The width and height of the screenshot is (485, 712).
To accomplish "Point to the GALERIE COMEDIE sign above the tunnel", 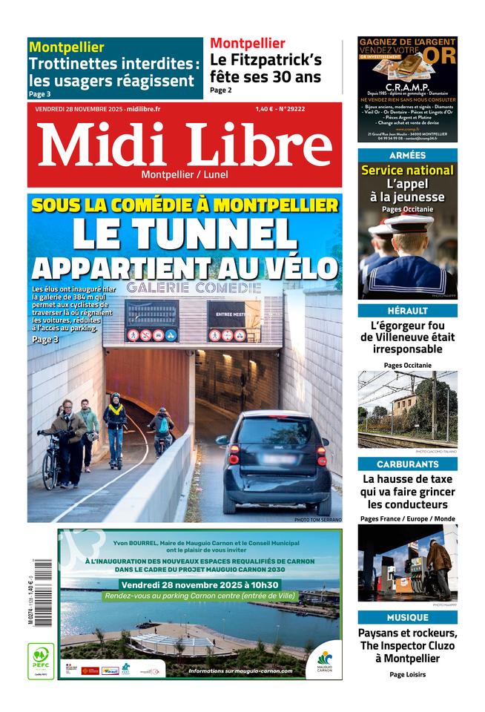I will click(x=194, y=287).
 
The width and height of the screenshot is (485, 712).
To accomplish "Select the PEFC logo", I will click(x=41, y=661).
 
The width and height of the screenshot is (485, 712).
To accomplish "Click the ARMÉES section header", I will click(x=407, y=156).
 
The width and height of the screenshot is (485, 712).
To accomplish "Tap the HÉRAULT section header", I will click(x=407, y=311).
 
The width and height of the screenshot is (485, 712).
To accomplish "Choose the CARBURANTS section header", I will click(x=407, y=464).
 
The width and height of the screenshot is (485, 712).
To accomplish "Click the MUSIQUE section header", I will click(x=407, y=617).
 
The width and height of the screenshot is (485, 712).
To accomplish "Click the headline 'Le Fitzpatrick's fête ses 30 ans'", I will click(x=265, y=68).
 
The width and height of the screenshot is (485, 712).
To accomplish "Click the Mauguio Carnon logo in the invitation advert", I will click(x=325, y=659).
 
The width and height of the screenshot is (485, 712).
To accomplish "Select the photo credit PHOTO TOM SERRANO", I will click(x=317, y=520).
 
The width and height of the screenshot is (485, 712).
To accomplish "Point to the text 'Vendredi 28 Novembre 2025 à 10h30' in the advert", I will click(x=199, y=584).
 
